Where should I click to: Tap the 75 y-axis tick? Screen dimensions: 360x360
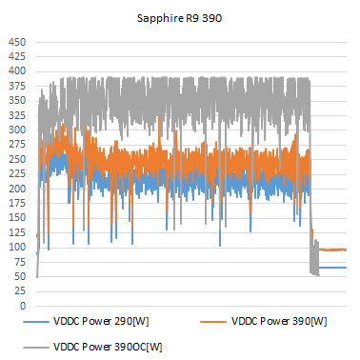click(x=18, y=262)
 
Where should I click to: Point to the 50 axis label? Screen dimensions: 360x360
click(x=18, y=276)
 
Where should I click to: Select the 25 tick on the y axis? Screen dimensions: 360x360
click(x=18, y=291)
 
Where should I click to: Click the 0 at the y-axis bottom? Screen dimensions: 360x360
click(x=21, y=306)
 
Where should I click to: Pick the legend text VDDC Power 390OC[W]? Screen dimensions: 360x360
click(x=105, y=347)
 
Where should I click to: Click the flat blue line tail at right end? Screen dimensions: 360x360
click(x=333, y=268)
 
